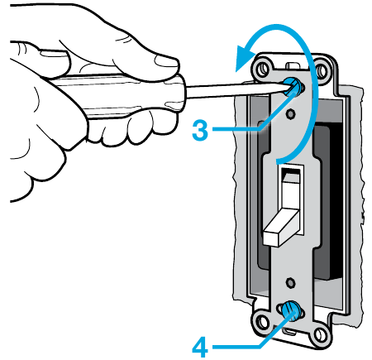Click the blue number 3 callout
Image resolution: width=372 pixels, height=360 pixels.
click(200, 130)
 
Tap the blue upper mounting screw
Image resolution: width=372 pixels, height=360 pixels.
click(293, 86)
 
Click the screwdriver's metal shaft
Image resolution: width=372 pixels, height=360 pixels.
click(237, 91)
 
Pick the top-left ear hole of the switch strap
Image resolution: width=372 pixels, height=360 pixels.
click(263, 68)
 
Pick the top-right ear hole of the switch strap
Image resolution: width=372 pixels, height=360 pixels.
click(322, 70)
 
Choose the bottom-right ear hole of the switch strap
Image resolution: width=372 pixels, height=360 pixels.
click(319, 334)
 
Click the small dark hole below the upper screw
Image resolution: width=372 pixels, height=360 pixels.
click(290, 113)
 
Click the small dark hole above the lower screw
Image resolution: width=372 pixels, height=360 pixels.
click(290, 282)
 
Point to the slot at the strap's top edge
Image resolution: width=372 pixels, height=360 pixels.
click(293, 65)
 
